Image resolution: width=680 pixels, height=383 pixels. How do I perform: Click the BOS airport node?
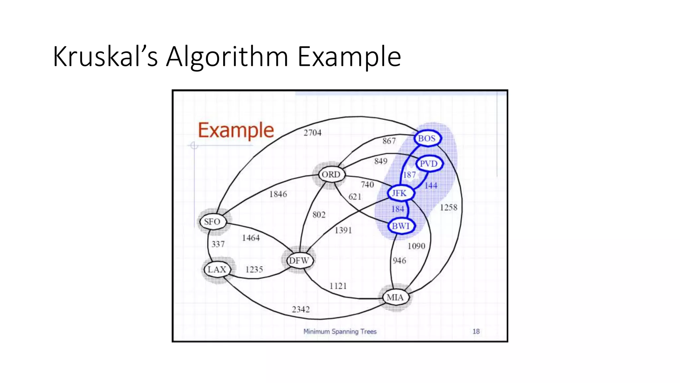[427, 138]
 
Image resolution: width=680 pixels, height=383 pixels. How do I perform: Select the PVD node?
[429, 164]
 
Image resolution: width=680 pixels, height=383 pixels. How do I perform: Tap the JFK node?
[399, 193]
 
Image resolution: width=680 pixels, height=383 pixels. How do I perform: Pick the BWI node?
[401, 226]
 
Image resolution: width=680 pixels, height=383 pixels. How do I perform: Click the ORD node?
[331, 175]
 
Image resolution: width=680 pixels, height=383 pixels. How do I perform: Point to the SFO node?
[212, 222]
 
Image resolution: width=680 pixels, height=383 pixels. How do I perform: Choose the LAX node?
[217, 269]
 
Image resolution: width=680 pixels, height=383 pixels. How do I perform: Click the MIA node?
[395, 297]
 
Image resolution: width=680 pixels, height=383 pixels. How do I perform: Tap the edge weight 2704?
[312, 133]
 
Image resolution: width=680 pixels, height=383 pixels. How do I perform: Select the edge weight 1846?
[278, 194]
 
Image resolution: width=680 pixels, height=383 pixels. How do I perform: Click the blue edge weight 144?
[431, 186]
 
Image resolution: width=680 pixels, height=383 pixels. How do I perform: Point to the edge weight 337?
[218, 244]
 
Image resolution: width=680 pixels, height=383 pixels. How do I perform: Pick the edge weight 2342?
[301, 310]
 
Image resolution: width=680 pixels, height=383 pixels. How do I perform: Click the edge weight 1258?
[449, 208]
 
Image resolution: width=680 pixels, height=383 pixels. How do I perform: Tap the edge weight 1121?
[338, 286]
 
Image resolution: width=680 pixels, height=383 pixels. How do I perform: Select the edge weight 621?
[355, 197]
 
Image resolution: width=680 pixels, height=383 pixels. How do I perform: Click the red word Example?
[236, 130]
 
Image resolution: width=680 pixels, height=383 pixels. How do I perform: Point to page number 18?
[476, 331]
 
